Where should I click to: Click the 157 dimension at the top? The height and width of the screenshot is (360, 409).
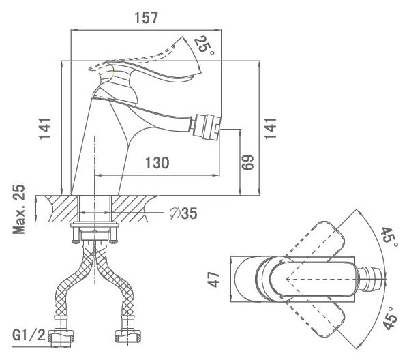(146, 18)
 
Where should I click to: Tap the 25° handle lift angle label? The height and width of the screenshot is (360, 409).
(204, 46)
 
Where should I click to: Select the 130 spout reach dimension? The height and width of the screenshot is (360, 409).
(157, 163)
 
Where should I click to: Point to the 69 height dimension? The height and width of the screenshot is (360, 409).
(247, 162)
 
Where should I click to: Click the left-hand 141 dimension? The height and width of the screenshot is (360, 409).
(45, 129)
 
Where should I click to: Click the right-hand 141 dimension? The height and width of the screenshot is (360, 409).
(271, 128)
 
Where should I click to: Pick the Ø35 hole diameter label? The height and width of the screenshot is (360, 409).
(183, 213)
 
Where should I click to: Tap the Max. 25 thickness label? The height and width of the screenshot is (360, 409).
(19, 209)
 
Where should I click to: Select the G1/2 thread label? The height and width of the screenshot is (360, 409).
(29, 335)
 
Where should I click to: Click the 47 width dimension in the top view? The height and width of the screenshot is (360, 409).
(215, 279)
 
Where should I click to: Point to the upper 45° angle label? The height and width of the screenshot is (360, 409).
(389, 238)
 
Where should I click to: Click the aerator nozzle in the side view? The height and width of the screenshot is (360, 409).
(207, 127)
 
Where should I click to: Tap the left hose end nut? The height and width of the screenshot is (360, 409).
(61, 336)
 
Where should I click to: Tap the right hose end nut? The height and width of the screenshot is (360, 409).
(127, 336)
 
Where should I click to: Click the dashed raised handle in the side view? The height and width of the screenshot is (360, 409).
(136, 56)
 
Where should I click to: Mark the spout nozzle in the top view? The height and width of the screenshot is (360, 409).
(370, 279)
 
